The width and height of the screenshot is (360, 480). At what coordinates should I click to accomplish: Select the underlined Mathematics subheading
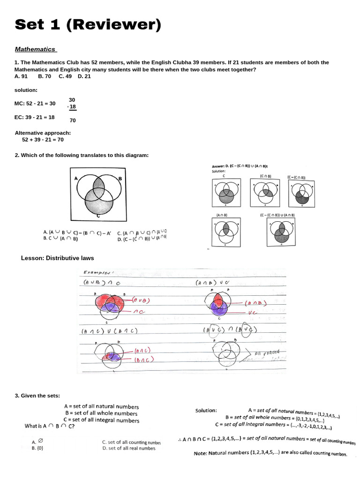tap(35, 49)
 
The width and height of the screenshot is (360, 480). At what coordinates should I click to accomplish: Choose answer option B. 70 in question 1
tap(45, 76)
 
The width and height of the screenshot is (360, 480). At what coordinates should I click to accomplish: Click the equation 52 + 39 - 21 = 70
tap(43, 140)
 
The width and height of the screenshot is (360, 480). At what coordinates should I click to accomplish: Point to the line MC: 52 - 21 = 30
tap(35, 103)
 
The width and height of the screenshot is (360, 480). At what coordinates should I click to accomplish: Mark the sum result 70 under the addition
tap(73, 120)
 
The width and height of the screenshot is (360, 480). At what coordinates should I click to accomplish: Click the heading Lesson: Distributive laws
tap(58, 258)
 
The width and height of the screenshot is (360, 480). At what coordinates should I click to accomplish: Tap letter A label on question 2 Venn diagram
tap(75, 178)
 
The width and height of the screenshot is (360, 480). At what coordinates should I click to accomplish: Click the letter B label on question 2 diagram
tap(120, 179)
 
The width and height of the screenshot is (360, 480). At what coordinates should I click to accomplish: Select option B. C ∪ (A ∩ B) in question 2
tap(61, 239)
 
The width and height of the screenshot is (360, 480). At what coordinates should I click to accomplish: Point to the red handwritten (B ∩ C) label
tap(144, 360)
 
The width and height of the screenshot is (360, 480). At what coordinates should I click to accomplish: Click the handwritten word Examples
tap(97, 272)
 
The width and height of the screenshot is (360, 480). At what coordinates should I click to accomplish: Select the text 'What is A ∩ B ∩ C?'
tap(49, 426)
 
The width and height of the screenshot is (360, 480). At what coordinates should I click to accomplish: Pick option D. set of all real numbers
tap(128, 448)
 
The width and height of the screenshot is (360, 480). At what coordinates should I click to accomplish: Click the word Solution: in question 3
tap(206, 411)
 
